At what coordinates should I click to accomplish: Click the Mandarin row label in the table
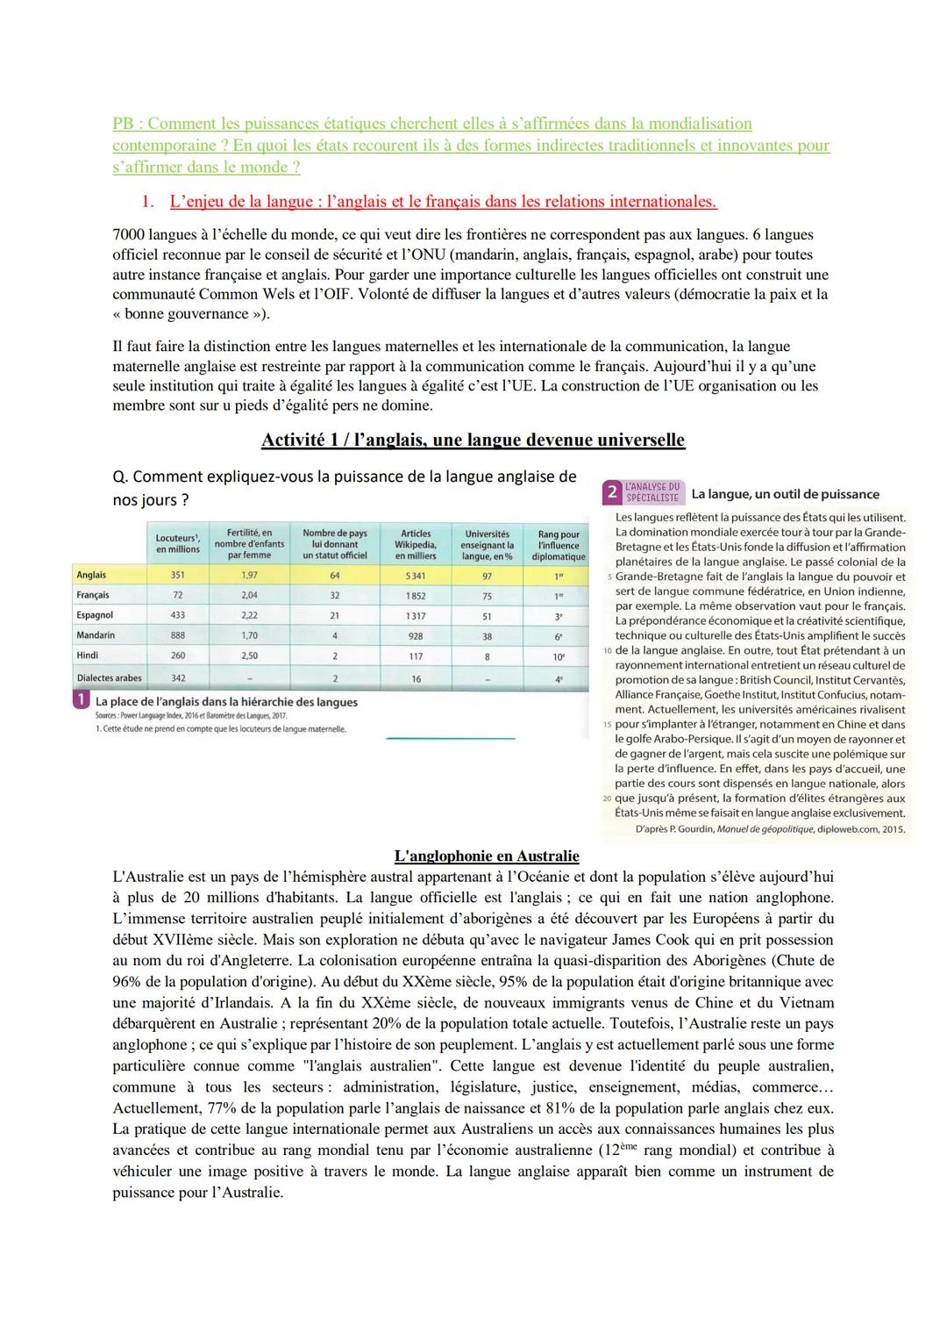pos(96,635)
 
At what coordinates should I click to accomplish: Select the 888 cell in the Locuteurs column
pos(178,635)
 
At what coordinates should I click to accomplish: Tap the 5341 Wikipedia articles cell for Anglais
pos(416,576)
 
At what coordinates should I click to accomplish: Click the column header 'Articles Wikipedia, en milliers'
pos(416,544)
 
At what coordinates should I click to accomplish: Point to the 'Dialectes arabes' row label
pos(109,678)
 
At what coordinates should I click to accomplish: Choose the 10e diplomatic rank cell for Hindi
pos(559,656)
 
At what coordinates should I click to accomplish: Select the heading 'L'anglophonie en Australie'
pos(487,856)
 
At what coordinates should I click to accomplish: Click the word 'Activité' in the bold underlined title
pos(294,440)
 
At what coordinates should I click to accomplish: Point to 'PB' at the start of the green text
pos(124,125)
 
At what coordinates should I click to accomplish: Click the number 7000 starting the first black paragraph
pos(129,235)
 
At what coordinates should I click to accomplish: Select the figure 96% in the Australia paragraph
pos(130,981)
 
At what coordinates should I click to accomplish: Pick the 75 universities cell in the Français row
pos(488,596)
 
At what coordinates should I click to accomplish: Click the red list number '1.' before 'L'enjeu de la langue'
pos(148,202)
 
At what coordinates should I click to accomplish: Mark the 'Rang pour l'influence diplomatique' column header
pos(559,545)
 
